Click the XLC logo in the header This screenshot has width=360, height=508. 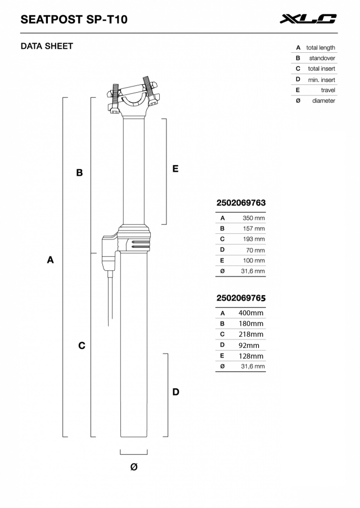click(x=308, y=19)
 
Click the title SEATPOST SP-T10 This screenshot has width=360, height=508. click(x=74, y=20)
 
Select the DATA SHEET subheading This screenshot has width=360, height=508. click(x=47, y=46)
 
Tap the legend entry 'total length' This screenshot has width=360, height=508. click(x=320, y=48)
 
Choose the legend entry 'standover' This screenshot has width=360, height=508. click(x=322, y=58)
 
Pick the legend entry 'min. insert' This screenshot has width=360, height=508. click(x=321, y=80)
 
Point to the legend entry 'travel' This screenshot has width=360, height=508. click(x=327, y=90)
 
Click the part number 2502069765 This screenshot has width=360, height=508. click(x=241, y=298)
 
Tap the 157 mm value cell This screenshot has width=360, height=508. click(x=254, y=229)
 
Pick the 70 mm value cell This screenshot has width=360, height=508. click(x=255, y=250)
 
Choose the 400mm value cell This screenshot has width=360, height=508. click(x=251, y=313)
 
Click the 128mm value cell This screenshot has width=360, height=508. click(x=251, y=356)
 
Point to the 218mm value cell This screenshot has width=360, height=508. click(x=251, y=334)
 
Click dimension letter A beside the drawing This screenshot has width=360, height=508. click(x=51, y=260)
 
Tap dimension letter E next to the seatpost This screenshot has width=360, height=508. click(x=175, y=169)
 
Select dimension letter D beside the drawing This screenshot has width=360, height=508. click(x=175, y=392)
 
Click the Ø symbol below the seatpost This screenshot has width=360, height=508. click(x=134, y=467)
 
